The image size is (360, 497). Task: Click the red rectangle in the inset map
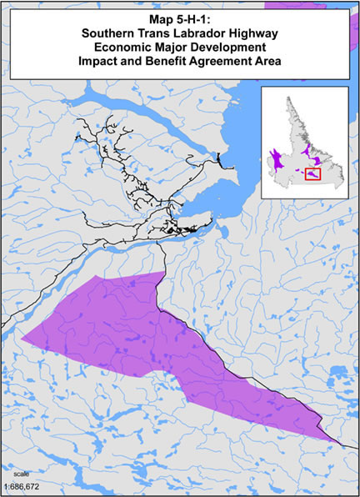click(313, 173)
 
